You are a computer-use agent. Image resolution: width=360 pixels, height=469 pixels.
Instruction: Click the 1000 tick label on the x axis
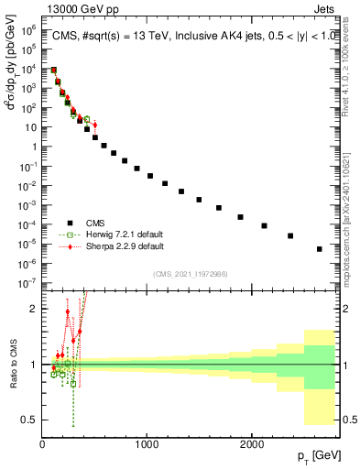147,444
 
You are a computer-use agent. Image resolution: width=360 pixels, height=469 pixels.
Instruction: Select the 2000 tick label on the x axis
252,444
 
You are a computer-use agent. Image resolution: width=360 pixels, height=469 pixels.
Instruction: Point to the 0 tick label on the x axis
42,444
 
